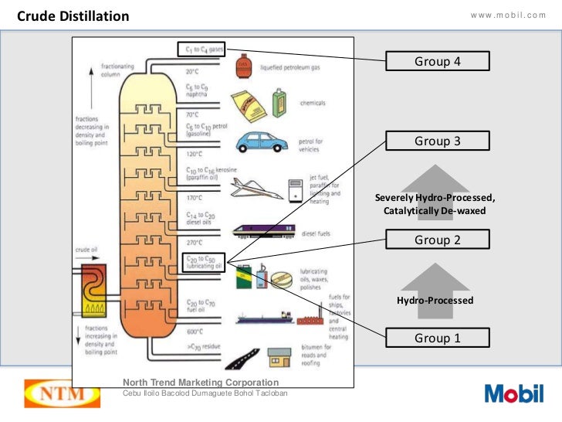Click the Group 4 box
(437, 62)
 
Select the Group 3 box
(437, 141)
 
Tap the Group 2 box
(437, 240)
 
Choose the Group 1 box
(437, 338)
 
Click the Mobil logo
(513, 393)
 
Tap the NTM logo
(62, 393)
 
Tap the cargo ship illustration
(262, 318)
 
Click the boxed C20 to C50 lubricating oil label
(204, 263)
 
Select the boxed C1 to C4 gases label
(201, 49)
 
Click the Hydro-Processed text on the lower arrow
(435, 300)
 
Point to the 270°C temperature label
(194, 241)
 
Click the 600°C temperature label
(194, 332)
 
